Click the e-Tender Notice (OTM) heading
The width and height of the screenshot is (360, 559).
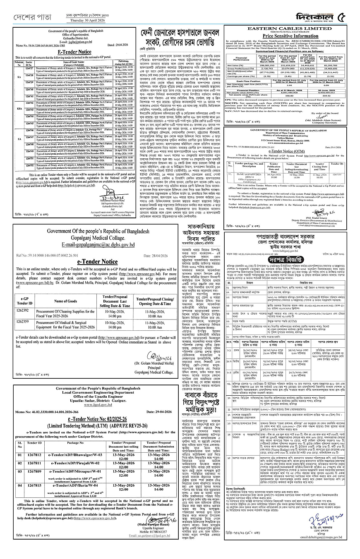[x=286, y=152]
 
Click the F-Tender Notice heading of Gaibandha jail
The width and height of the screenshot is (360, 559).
[x=74, y=52]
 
